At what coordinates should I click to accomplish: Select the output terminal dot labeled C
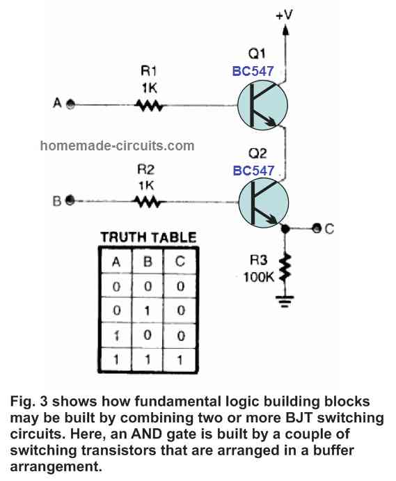pyautogui.click(x=317, y=228)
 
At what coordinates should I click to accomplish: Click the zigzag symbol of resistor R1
pyautogui.click(x=149, y=105)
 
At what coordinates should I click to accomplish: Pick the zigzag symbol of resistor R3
pyautogui.click(x=284, y=268)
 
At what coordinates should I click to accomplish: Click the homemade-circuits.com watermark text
pyautogui.click(x=118, y=146)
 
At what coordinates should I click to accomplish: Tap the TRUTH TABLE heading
pyautogui.click(x=149, y=237)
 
